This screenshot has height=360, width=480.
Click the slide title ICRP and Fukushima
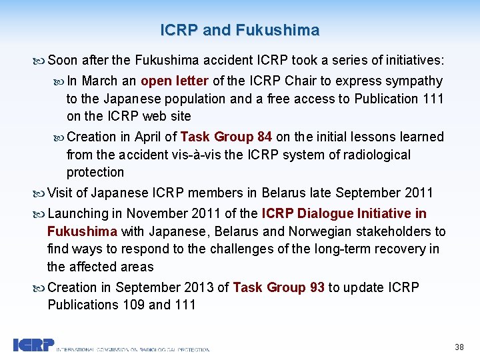click(240, 30)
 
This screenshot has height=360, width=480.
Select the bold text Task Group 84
click(226, 137)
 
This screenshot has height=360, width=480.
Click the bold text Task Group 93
click(279, 287)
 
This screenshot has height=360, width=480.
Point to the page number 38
click(459, 347)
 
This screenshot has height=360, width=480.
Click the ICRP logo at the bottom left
click(33, 345)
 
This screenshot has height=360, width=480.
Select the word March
click(101, 81)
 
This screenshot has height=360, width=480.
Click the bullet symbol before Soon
click(40, 61)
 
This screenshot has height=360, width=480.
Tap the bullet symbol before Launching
click(40, 214)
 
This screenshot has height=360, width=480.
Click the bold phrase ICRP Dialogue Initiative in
click(344, 214)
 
